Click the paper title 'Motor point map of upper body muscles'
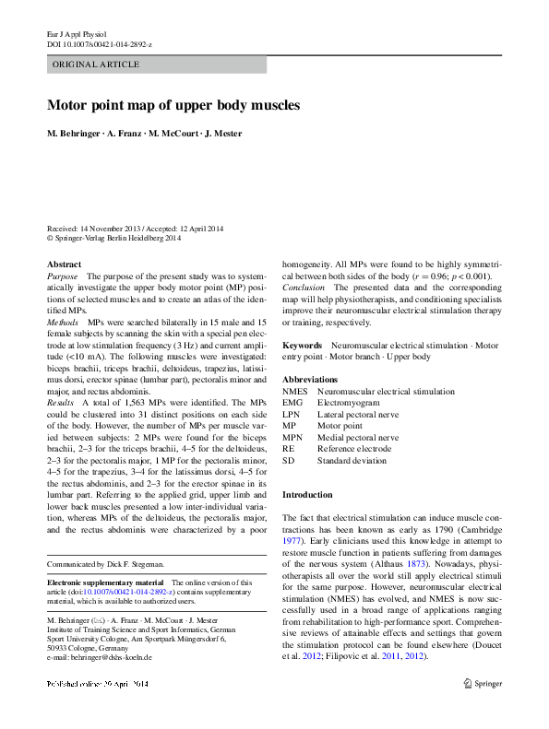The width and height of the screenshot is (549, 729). coord(173,105)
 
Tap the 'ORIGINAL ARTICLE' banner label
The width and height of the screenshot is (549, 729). coord(97,65)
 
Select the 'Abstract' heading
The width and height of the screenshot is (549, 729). coord(64,265)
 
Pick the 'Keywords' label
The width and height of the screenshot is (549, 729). coord(302,346)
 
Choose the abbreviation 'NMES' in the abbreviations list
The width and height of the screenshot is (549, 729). coord(295,392)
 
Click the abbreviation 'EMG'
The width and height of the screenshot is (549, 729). coord(292,403)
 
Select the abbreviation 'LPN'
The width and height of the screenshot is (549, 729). coord(292,415)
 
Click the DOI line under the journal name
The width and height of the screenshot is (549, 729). coord(100,44)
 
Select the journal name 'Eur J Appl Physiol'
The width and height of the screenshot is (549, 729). coord(78,33)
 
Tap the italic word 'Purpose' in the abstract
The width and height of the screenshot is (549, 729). coord(63,276)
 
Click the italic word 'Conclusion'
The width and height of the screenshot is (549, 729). coord(304,288)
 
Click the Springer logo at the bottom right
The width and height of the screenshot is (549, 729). coord(483,683)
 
